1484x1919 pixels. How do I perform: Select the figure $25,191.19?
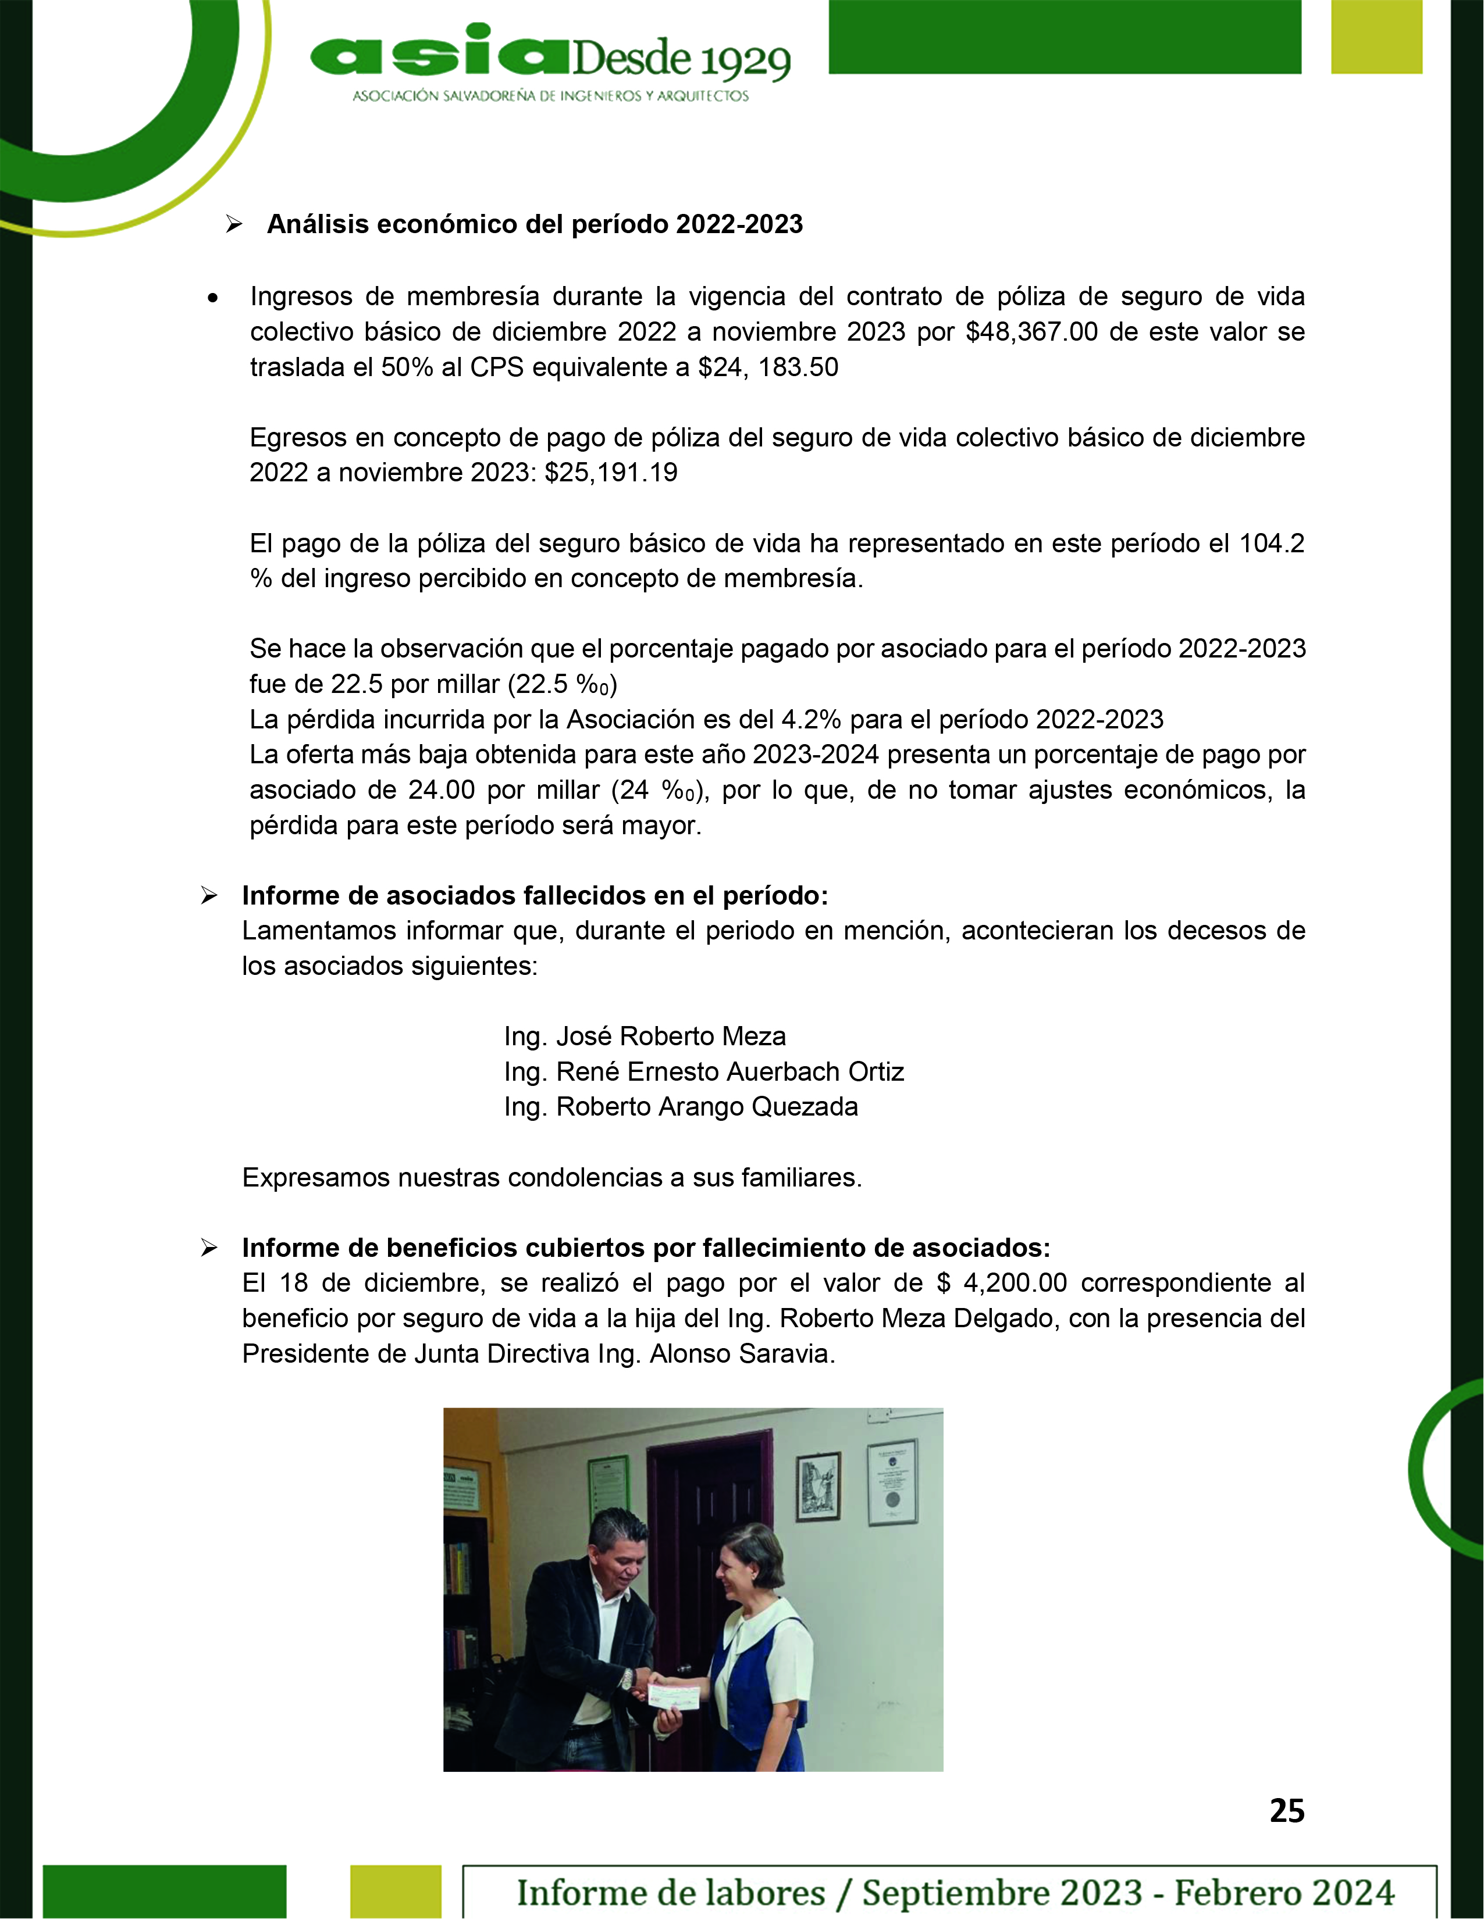[611, 473]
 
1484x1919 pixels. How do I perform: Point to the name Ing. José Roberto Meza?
[645, 1037]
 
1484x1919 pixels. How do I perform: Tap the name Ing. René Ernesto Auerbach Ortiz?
[703, 1072]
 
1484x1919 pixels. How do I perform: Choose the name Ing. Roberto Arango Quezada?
[681, 1107]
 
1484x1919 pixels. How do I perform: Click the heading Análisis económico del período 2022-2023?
[535, 225]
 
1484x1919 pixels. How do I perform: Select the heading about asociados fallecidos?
[535, 896]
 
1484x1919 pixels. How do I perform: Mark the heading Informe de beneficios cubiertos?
[645, 1249]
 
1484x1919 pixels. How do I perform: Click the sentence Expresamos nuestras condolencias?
[551, 1178]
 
